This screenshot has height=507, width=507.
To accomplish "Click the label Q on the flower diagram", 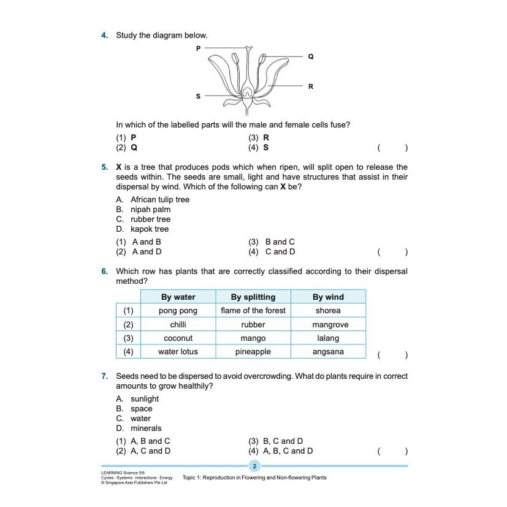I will (x=310, y=56).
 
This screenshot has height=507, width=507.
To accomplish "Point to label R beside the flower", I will (x=310, y=86).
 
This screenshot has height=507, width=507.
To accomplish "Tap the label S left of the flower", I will (x=198, y=96).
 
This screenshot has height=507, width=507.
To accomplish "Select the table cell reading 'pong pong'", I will (x=178, y=311).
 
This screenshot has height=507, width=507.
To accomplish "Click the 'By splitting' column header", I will (x=253, y=297).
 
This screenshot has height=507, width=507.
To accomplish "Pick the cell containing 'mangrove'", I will (x=328, y=324).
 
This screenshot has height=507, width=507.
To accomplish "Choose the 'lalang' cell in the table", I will (x=328, y=338).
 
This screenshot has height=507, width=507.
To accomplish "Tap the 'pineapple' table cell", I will (x=253, y=352).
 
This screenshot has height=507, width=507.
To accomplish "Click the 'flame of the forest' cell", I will (x=253, y=311).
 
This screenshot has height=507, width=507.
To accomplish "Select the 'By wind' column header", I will (x=328, y=297).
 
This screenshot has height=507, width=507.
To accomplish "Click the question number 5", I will (x=105, y=167).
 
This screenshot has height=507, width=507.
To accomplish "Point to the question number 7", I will (x=105, y=376).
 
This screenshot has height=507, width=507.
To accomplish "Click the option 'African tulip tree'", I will (x=160, y=200).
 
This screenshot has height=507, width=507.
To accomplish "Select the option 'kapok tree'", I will (x=150, y=229).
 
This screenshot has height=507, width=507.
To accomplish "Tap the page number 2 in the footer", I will (x=254, y=467).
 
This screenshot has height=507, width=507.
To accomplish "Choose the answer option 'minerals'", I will (x=146, y=429).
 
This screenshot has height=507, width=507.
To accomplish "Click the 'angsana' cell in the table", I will (x=328, y=352).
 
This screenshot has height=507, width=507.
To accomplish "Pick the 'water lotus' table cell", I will (x=178, y=352).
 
